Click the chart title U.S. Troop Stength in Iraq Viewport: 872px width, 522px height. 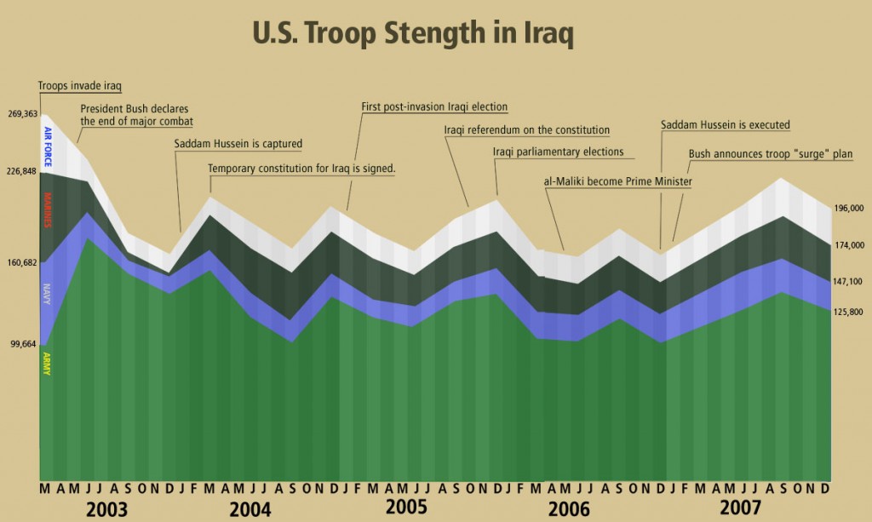tap(413, 35)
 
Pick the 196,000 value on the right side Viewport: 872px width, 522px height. tap(850, 208)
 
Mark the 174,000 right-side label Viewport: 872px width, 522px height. tap(850, 245)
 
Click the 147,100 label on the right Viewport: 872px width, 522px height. tap(850, 282)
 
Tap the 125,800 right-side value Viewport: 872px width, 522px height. tap(850, 313)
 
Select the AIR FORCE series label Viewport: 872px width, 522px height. tap(48, 144)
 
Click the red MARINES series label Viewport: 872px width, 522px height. tap(48, 210)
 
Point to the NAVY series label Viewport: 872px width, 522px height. tap(48, 294)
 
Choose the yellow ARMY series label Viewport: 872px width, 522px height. tap(48, 364)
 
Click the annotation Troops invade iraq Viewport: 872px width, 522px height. tap(81, 86)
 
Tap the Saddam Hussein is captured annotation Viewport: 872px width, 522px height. tap(238, 143)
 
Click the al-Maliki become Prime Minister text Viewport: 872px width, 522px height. tap(617, 181)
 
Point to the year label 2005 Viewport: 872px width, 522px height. tap(406, 508)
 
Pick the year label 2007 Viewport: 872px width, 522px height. tap(742, 508)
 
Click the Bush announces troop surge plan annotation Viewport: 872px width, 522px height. tap(771, 154)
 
